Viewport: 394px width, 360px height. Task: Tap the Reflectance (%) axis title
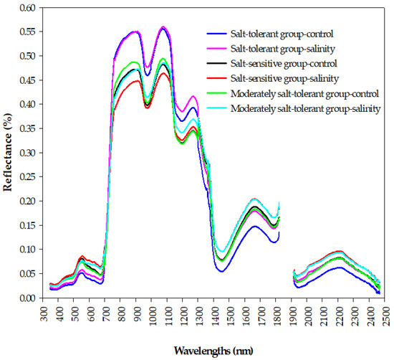8,153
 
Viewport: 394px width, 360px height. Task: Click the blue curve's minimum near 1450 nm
222,271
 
